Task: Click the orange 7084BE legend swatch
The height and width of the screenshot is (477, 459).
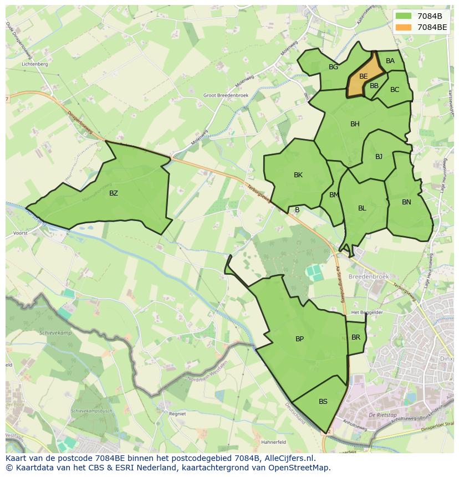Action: point(404,27)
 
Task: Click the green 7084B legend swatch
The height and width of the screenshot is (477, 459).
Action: point(404,16)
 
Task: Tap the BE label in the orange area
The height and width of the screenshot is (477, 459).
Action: point(363,76)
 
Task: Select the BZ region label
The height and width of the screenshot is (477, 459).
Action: point(114,193)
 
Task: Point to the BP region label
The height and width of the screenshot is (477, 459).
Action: point(299,339)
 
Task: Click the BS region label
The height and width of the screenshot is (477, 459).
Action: point(323,402)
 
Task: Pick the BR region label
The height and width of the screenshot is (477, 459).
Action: point(356,337)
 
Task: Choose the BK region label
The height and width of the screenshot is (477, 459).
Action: point(298,175)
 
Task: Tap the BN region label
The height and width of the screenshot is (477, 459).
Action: point(406,202)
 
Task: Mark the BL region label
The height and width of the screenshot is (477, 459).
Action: point(362,208)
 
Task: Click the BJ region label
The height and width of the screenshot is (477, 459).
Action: point(379,157)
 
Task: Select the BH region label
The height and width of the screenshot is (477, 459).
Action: point(355,124)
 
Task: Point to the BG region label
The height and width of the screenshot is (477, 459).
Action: point(333,67)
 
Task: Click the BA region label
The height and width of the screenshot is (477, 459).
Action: point(390,61)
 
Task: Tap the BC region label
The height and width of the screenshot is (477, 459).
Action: point(395,90)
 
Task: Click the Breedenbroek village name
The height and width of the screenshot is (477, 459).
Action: point(369,276)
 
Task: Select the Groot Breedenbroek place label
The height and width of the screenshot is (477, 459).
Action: point(226,95)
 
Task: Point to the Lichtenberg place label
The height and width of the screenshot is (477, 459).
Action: point(34,64)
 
